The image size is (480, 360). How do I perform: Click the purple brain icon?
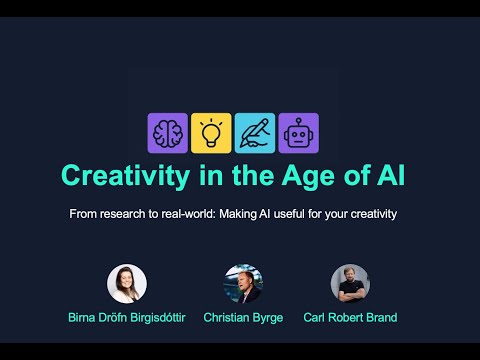(168, 133)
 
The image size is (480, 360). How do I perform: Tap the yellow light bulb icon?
(211, 133)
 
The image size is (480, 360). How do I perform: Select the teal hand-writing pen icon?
(255, 133)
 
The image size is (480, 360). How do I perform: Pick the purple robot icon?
(298, 133)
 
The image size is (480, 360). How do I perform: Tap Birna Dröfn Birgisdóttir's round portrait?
(127, 283)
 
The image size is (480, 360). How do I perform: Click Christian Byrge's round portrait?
(242, 283)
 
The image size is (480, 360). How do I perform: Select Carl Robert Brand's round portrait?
(350, 283)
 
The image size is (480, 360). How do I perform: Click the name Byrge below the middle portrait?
(263, 318)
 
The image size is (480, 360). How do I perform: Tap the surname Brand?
(379, 318)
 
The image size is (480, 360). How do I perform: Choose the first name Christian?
(225, 318)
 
